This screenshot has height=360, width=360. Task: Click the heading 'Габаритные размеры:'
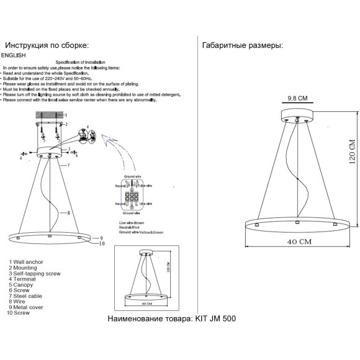point(243,45)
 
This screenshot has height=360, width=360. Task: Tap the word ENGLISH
point(13,55)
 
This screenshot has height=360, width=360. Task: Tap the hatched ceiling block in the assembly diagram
point(49,115)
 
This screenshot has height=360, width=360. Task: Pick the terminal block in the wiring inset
point(132,197)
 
